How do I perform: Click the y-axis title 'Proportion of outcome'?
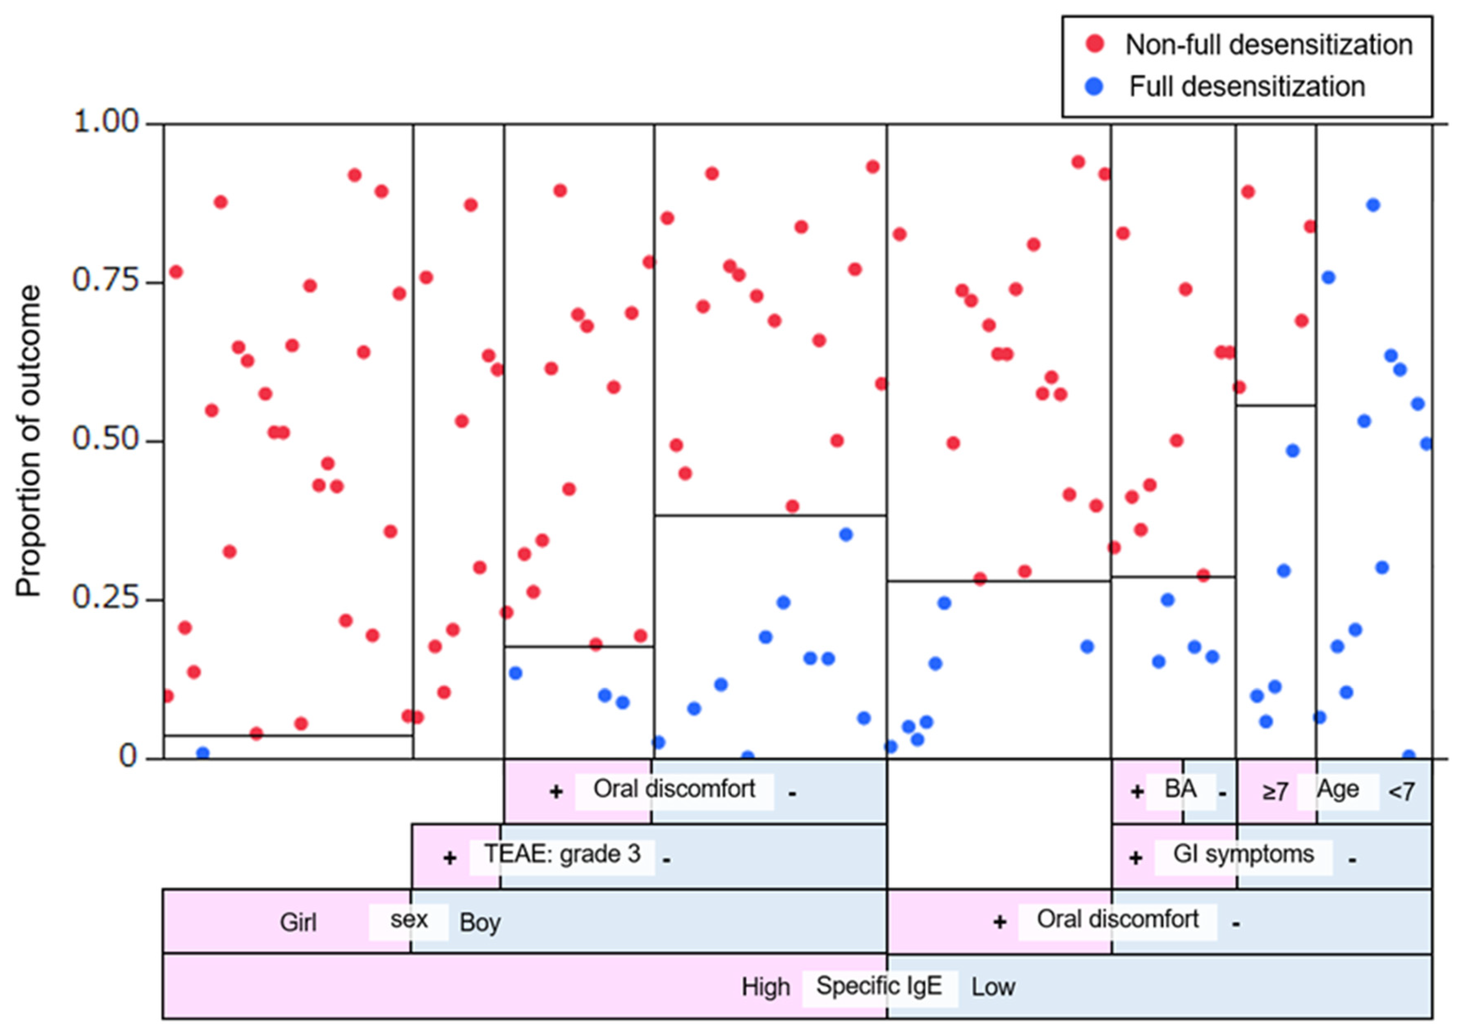tap(29, 441)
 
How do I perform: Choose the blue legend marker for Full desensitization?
tap(1094, 86)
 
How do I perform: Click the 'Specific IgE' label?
tap(879, 986)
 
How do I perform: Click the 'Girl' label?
tap(298, 922)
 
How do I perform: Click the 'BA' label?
tap(1180, 789)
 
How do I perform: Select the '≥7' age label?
tap(1275, 792)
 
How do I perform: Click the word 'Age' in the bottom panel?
tap(1338, 789)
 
